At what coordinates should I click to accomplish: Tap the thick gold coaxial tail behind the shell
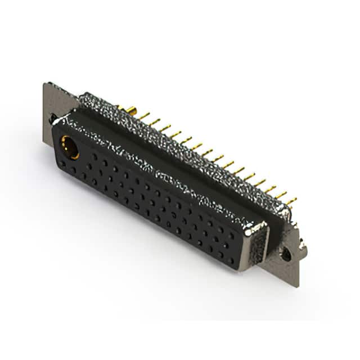click(130, 109)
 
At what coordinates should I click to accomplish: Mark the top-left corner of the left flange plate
click(45, 84)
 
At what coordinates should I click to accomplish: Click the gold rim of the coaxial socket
click(64, 142)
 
